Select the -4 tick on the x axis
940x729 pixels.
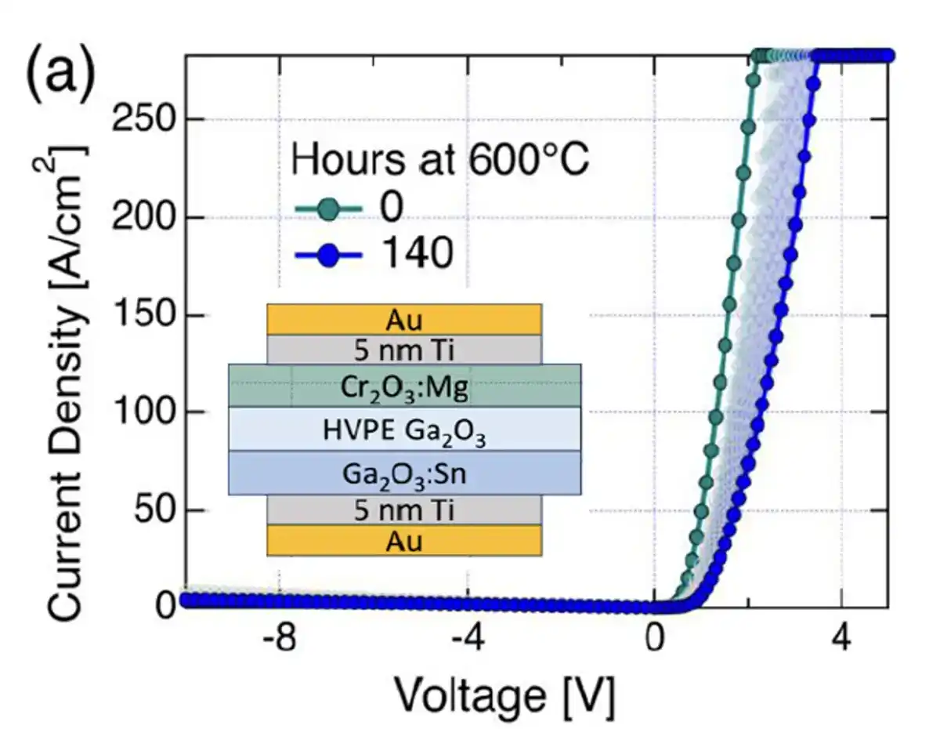[x=466, y=640]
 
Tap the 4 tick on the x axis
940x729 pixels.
[x=841, y=640]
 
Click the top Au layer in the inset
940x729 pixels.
[x=404, y=319]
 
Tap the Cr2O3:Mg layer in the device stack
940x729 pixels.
[x=404, y=385]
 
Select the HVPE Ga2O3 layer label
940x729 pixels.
[x=404, y=430]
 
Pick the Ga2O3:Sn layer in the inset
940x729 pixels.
[x=404, y=473]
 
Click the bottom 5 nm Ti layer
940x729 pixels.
[x=404, y=510]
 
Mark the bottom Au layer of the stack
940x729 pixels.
[x=404, y=541]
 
